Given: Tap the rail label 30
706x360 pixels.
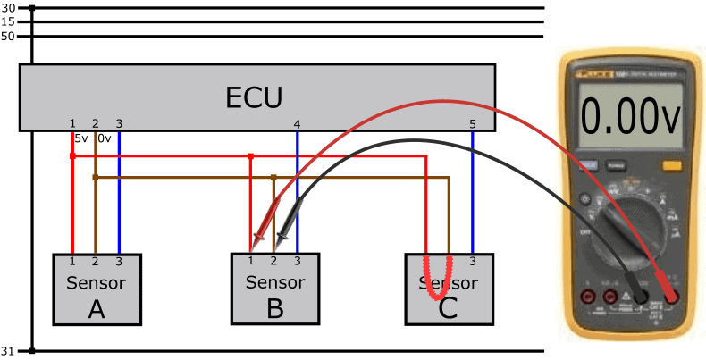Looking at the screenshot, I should (9, 8).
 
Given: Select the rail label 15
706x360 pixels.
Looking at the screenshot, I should (9, 21).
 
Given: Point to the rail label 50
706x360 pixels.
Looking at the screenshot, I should (9, 37).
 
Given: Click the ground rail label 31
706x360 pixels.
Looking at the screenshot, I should (9, 350).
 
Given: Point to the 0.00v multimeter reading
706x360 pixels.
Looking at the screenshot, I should (626, 118).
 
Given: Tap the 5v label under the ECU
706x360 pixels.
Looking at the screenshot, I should (80, 138).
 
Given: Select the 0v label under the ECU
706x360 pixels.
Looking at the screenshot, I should (105, 138).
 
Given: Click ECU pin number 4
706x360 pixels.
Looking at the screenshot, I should (297, 123).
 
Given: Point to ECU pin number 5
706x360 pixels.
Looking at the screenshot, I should (472, 123).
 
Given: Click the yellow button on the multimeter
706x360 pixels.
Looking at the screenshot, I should (670, 164).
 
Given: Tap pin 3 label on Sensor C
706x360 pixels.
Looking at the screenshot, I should (472, 261).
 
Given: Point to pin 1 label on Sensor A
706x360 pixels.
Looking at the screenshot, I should (72, 261).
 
